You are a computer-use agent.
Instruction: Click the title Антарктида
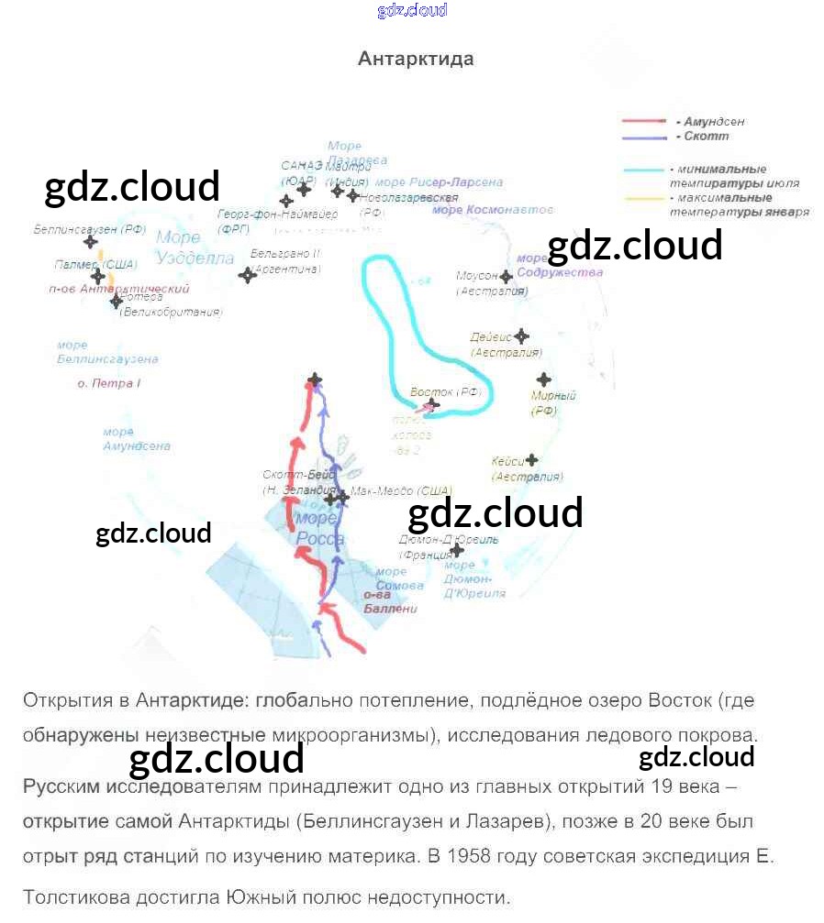tap(416, 60)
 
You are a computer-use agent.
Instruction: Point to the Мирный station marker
tap(543, 379)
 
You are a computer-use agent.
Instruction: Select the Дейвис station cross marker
tap(521, 335)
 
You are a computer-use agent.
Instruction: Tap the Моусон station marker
tap(506, 276)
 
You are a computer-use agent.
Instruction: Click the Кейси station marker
tap(530, 460)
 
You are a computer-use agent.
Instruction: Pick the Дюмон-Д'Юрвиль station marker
tap(456, 551)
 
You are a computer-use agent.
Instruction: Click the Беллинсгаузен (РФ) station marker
tap(91, 242)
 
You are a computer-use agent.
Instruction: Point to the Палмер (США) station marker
tap(97, 277)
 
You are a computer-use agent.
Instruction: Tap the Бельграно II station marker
tap(246, 275)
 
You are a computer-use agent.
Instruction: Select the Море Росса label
tap(319, 529)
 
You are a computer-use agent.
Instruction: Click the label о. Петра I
tap(108, 383)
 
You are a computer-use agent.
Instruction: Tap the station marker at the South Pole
tap(315, 379)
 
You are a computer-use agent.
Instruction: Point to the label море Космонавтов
tap(493, 210)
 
